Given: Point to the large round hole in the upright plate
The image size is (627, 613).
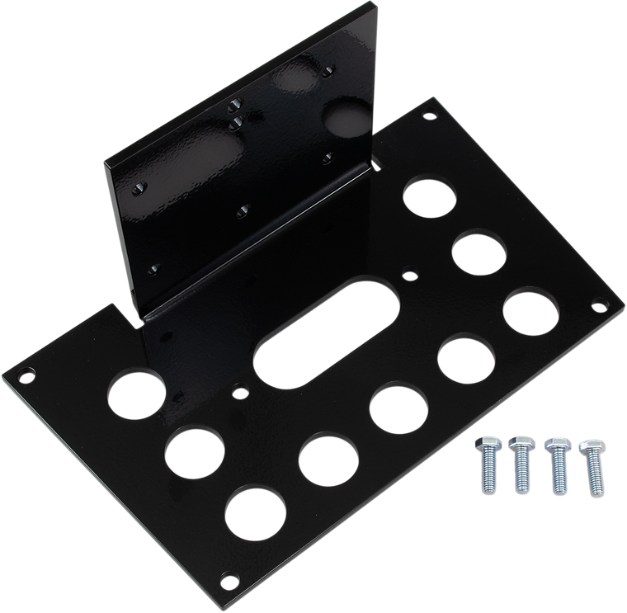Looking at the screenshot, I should pos(339,120).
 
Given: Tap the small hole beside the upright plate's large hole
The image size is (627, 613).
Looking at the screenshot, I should pos(328,154).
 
